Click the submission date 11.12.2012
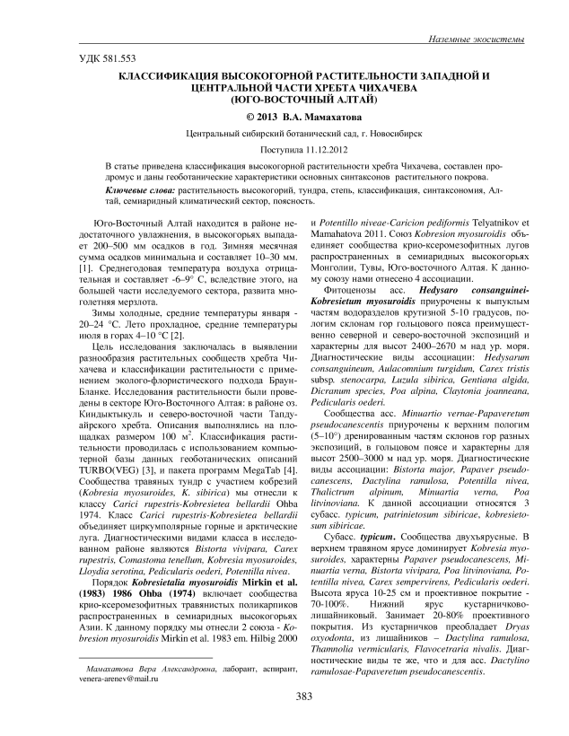pyautogui.click(x=311, y=150)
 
